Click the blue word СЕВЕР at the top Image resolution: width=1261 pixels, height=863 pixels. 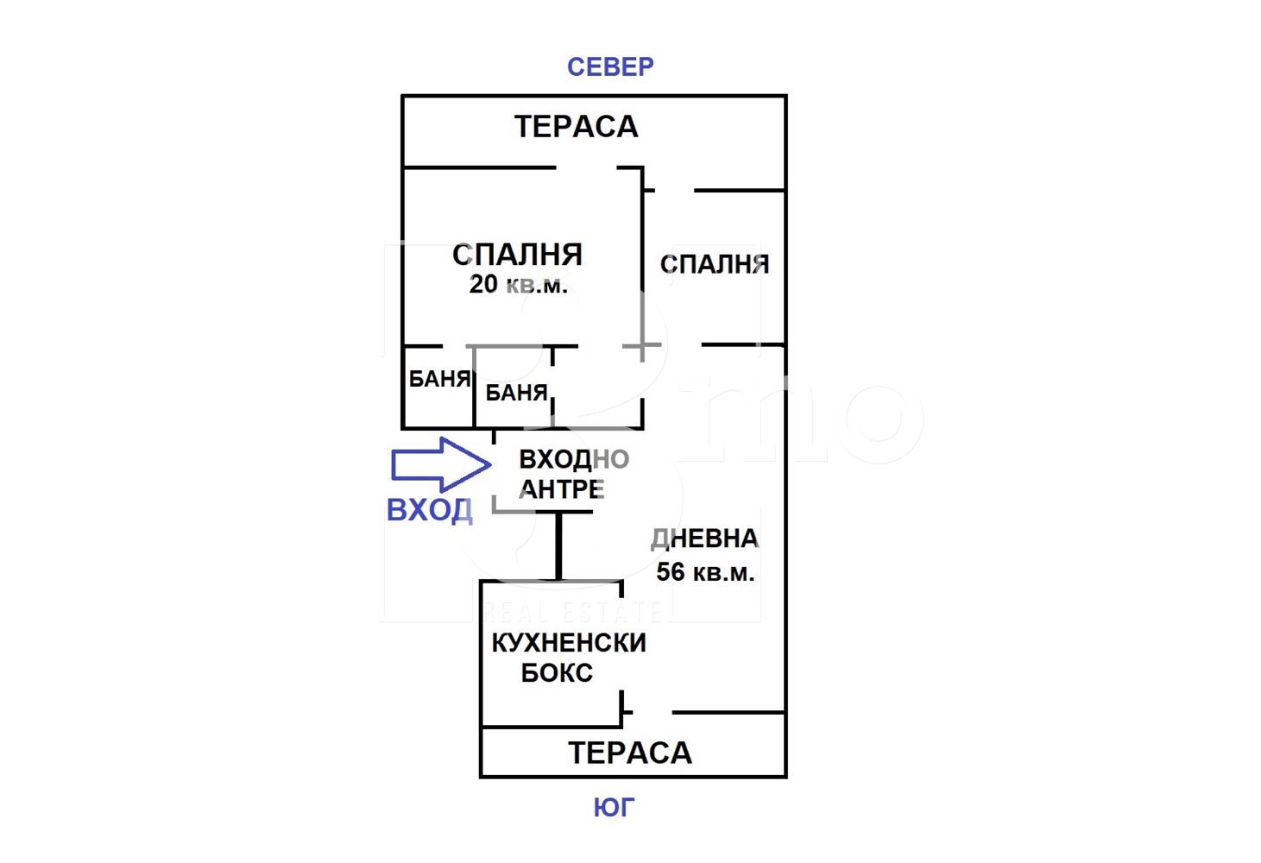point(610,66)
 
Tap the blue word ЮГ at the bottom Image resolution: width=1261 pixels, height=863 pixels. point(614,808)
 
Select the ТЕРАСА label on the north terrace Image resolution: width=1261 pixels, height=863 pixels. point(577,127)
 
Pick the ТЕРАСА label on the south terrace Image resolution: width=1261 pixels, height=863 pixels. point(630,753)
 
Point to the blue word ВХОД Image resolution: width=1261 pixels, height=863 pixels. point(429,510)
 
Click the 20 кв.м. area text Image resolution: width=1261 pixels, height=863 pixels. point(519,285)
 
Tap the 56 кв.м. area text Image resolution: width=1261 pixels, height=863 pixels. point(705,571)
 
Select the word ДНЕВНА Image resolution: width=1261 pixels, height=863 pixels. point(704,539)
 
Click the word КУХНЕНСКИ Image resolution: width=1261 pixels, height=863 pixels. point(569,643)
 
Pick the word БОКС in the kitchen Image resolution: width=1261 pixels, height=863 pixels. point(557,673)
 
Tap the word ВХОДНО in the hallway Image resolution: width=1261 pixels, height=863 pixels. point(574,459)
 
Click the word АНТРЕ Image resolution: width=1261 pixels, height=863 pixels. point(562,489)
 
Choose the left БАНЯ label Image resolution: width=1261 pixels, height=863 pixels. point(439,379)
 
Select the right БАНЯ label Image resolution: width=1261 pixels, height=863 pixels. point(516,394)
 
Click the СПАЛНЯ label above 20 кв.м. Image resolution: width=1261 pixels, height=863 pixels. point(518,255)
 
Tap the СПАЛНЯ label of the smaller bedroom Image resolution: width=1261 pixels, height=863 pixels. point(715,264)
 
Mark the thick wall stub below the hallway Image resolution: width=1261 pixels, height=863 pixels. point(558,545)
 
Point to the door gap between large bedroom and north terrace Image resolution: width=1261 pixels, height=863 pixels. point(586,167)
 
